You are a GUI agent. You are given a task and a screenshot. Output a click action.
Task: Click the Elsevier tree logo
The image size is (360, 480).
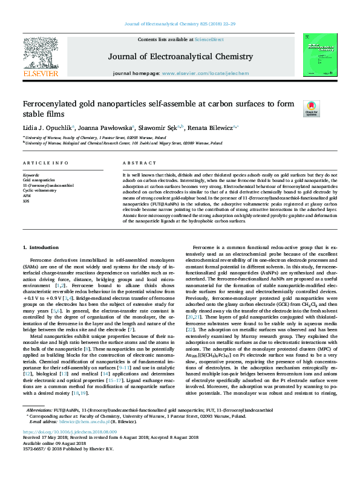coord(41,53)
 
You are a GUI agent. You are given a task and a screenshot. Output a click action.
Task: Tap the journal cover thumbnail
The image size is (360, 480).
coord(320,55)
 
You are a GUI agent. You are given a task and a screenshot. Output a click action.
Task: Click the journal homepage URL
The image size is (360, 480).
coord(205,73)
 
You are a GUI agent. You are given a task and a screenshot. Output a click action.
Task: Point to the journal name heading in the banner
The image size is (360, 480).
coord(180,57)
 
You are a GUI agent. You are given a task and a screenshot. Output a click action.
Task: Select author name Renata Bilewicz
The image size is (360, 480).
coord(220,128)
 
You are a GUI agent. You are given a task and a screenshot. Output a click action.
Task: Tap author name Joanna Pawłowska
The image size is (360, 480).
coord(100,128)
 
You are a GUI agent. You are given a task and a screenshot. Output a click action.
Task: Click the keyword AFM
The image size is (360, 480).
coord(27,196)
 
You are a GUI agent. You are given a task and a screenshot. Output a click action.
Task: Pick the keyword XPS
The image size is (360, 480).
coord(27,201)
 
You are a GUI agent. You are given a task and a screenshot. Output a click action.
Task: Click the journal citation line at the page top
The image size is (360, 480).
coord(180,24)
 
